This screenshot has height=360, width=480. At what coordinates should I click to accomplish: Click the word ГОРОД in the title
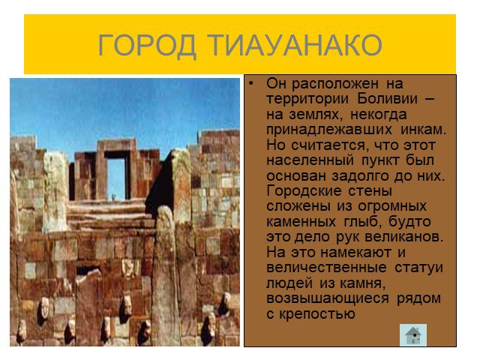click(147, 45)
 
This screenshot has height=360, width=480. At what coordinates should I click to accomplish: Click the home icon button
click(413, 335)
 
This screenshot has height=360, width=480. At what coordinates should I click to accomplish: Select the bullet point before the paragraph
click(251, 83)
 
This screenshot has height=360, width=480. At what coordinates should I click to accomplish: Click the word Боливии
click(387, 98)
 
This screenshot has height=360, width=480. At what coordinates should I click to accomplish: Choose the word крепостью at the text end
click(316, 314)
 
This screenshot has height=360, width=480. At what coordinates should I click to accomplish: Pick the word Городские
click(304, 191)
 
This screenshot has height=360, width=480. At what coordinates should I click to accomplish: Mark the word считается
click(328, 145)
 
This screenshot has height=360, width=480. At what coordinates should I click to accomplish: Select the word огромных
click(392, 207)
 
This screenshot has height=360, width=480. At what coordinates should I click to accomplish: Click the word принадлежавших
click(329, 130)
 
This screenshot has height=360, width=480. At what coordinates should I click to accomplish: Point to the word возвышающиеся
click(328, 298)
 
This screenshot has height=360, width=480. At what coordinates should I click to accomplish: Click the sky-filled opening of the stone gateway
click(116, 178)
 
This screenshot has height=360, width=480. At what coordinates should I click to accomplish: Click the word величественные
click(326, 268)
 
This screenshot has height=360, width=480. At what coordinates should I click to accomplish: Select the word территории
click(307, 99)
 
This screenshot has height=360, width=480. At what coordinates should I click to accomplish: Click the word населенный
click(310, 160)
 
